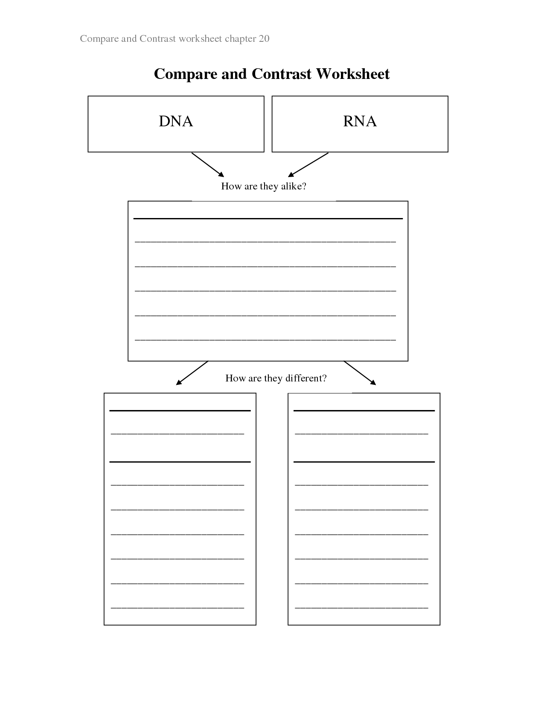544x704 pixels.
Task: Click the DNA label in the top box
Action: [x=176, y=121]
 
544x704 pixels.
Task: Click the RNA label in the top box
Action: [x=360, y=121]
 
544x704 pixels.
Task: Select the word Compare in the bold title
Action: [x=186, y=75]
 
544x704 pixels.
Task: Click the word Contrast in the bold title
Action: [x=281, y=74]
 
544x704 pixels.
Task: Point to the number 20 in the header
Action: [x=264, y=38]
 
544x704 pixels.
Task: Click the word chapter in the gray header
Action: [x=240, y=39]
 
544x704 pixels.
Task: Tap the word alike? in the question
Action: [x=294, y=186]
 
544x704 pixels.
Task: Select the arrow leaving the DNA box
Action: [x=208, y=165]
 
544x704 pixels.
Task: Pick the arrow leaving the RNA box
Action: [x=308, y=165]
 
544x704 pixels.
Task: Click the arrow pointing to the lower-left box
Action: [x=192, y=373]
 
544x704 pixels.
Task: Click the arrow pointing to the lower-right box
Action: [x=360, y=373]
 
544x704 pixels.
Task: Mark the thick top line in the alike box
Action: [x=268, y=219]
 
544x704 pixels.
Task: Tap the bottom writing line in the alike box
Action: [x=265, y=340]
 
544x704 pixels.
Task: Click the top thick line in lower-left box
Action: [x=180, y=411]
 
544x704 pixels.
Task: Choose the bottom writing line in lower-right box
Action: [x=361, y=608]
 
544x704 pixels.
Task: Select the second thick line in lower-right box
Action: [x=364, y=462]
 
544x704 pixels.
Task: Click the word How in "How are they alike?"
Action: [x=231, y=186]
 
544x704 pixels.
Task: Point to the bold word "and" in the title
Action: [x=234, y=74]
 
